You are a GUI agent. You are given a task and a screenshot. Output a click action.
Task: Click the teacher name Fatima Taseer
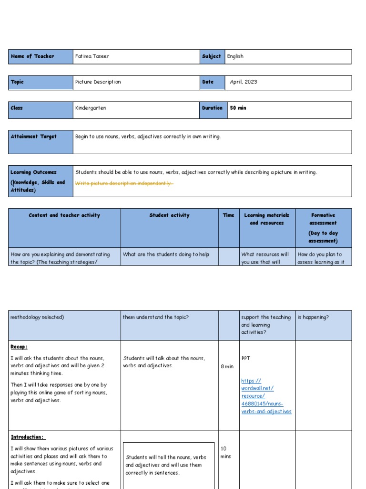pyautogui.click(x=92, y=56)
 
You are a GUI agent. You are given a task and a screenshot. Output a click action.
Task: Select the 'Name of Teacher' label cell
pyautogui.click(x=32, y=56)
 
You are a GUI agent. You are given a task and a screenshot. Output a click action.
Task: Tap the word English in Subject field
pyautogui.click(x=235, y=56)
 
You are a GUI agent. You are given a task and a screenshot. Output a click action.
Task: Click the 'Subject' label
pyautogui.click(x=211, y=56)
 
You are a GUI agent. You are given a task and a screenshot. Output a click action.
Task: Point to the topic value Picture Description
pyautogui.click(x=98, y=82)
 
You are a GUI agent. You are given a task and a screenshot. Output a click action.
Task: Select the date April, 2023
pyautogui.click(x=243, y=82)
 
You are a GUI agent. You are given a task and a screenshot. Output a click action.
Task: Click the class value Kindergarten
pyautogui.click(x=91, y=108)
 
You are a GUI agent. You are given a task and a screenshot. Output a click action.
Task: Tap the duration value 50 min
pyautogui.click(x=238, y=108)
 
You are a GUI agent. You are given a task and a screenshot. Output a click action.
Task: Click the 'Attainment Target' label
pyautogui.click(x=33, y=137)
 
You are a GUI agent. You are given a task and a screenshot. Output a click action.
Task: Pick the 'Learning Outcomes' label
pyautogui.click(x=33, y=172)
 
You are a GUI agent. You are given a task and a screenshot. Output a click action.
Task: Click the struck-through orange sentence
pyautogui.click(x=124, y=183)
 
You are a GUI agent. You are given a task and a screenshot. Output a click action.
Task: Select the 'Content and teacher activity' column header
pyautogui.click(x=64, y=215)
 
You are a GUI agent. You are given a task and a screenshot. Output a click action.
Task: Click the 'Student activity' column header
pyautogui.click(x=169, y=215)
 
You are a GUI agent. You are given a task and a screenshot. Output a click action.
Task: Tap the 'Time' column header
pyautogui.click(x=229, y=215)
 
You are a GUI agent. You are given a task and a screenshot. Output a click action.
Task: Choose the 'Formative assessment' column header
pyautogui.click(x=323, y=219)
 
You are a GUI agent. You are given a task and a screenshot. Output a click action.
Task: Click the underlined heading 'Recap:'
pyautogui.click(x=19, y=347)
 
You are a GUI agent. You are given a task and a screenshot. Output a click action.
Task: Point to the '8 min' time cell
pyautogui.click(x=227, y=366)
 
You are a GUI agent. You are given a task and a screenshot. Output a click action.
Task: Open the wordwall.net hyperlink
pyautogui.click(x=266, y=396)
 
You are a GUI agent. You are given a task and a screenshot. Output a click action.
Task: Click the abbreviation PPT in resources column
pyautogui.click(x=246, y=358)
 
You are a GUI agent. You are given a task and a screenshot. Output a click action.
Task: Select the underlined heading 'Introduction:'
pyautogui.click(x=28, y=437)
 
